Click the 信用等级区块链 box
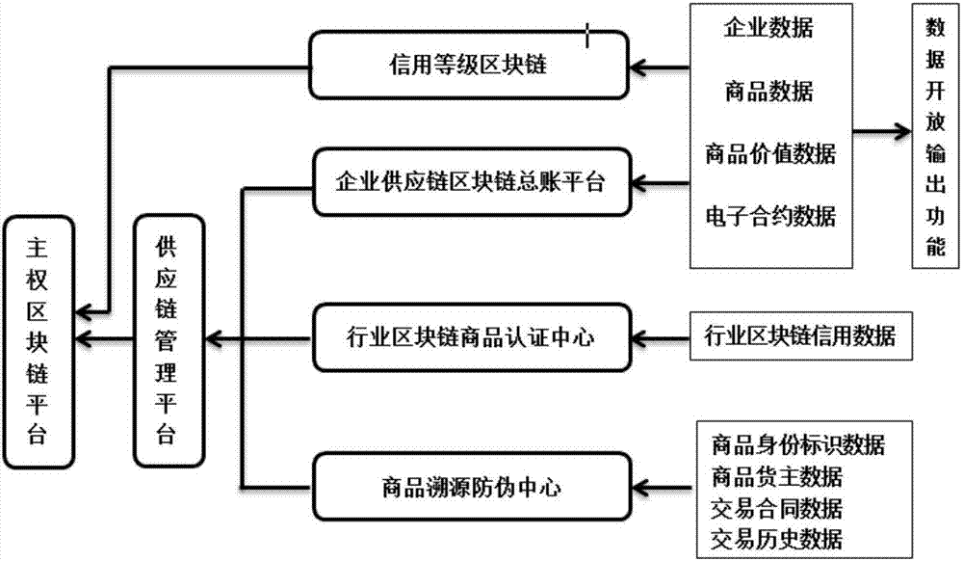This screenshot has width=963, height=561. [467, 67]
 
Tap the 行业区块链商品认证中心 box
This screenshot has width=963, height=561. [470, 337]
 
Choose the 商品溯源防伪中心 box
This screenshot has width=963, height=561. [470, 486]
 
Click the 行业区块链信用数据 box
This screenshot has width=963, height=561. [800, 336]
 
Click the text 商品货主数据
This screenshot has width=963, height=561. [776, 475]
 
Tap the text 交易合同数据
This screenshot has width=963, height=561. [776, 507]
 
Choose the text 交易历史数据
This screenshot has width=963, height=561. [776, 538]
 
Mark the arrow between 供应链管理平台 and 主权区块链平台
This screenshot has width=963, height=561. [105, 337]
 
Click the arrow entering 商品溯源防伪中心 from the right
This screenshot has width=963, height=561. [664, 486]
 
